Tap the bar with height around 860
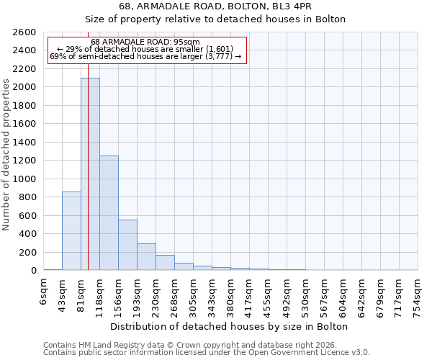click(x=71, y=231)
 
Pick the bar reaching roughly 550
click(x=127, y=245)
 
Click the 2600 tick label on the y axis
click(x=24, y=32)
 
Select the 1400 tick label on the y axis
click(x=24, y=143)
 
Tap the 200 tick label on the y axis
click(x=27, y=253)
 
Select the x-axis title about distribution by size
click(x=230, y=326)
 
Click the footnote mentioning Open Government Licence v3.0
click(x=207, y=353)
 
